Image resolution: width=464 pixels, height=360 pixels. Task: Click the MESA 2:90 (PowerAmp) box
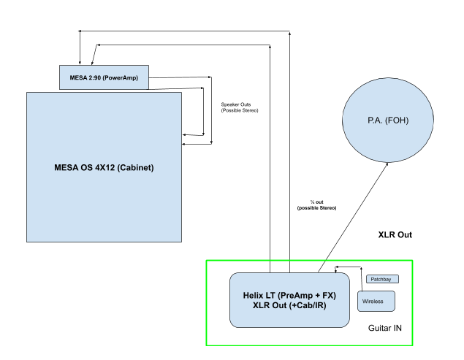coord(103,77)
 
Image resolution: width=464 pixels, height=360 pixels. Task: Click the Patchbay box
coord(381,279)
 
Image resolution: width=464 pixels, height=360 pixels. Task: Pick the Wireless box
coord(375,300)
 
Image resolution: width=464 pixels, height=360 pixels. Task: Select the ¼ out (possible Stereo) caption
coord(317,205)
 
